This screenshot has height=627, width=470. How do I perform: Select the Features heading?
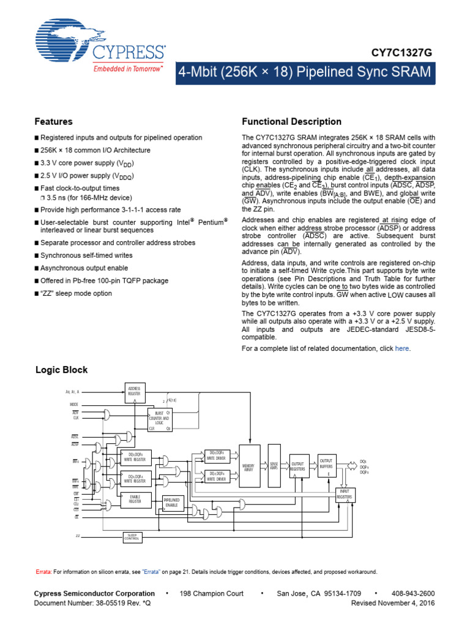pos(54,122)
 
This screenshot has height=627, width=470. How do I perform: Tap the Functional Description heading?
pos(292,122)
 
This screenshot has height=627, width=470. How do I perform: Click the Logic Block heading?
pos(62,370)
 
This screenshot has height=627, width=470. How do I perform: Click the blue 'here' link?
pos(401,348)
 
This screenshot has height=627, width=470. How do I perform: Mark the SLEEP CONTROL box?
pos(132,536)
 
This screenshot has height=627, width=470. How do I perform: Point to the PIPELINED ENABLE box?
pos(171,503)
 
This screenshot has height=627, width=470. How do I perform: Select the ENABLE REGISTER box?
pos(135,499)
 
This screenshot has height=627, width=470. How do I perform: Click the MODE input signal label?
pos(75,405)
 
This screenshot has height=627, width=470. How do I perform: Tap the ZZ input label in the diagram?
pos(78,536)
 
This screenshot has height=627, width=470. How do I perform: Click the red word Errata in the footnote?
pos(43,572)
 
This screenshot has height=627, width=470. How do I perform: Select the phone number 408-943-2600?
pos(414,593)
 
